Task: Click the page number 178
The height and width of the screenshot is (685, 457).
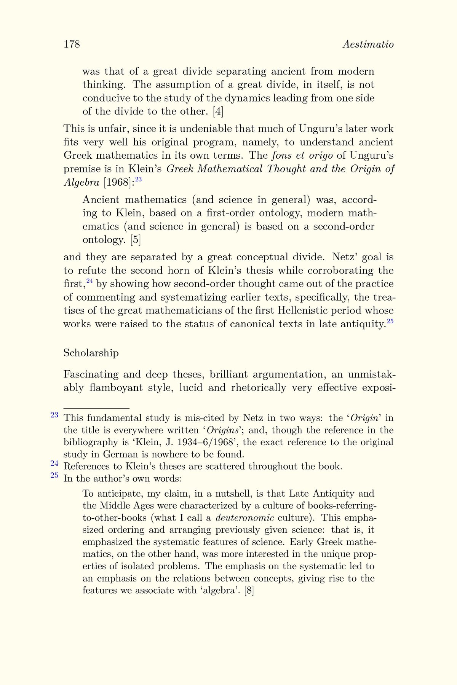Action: click(x=72, y=45)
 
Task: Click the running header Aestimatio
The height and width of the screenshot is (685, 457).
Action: click(x=368, y=45)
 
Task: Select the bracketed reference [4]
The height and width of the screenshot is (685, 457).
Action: click(x=218, y=112)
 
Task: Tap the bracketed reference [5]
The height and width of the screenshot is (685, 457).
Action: click(x=136, y=240)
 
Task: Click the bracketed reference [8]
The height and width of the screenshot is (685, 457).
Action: click(x=248, y=591)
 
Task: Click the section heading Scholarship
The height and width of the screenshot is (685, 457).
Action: click(x=91, y=353)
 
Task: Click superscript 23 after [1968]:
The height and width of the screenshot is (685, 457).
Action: click(x=138, y=180)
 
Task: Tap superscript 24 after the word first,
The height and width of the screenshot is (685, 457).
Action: click(x=90, y=281)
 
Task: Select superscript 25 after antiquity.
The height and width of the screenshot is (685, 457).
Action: click(x=390, y=322)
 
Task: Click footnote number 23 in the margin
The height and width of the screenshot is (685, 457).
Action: click(x=54, y=415)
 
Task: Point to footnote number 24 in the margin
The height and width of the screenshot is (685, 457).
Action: click(x=54, y=464)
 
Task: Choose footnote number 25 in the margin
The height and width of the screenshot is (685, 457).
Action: click(x=54, y=475)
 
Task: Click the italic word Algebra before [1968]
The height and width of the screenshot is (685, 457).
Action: click(x=81, y=183)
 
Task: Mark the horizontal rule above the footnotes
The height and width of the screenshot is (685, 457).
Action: click(x=96, y=407)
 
